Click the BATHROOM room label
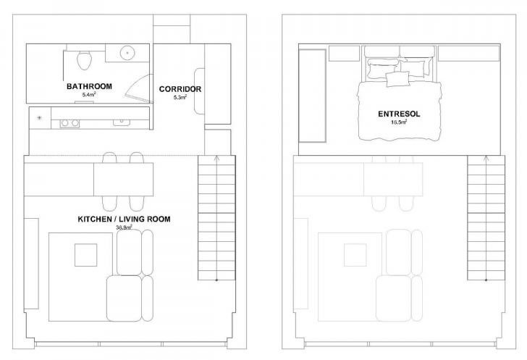(89, 86)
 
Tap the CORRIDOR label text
(180, 89)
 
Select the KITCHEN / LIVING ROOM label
(124, 219)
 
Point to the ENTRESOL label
(399, 114)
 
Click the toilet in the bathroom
(84, 60)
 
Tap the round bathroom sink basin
(127, 53)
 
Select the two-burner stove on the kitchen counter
(70, 123)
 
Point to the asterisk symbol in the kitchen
(39, 118)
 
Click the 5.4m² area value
(89, 95)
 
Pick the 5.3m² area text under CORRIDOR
(180, 97)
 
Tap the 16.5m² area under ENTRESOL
(399, 122)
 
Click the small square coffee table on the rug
(85, 255)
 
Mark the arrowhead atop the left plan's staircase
(216, 158)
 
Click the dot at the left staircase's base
(216, 280)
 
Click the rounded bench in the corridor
(199, 91)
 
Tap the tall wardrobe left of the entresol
(312, 96)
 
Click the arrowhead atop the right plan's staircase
(486, 158)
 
